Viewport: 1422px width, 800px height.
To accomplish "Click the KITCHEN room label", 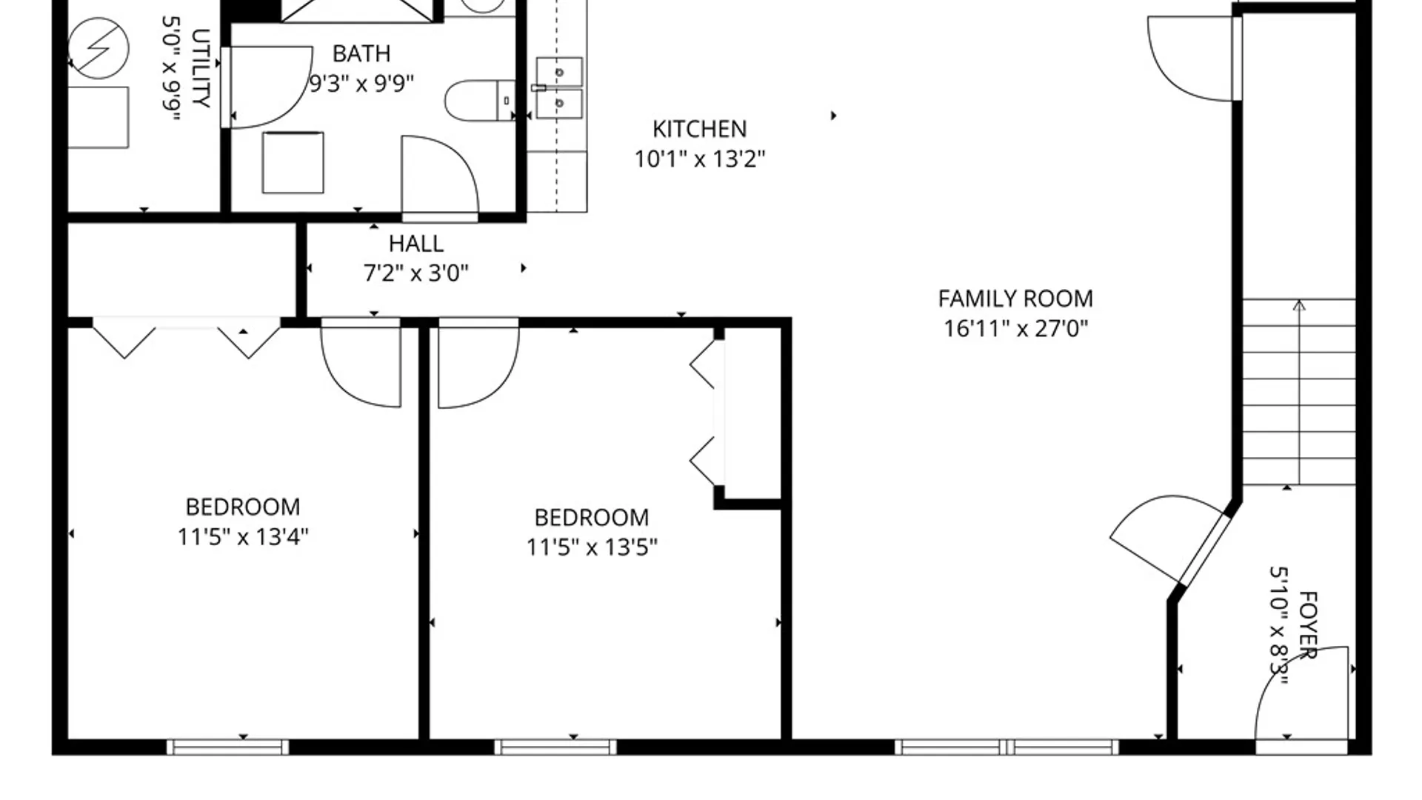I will coord(699,129).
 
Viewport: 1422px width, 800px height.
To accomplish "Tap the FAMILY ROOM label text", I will coord(1015,299).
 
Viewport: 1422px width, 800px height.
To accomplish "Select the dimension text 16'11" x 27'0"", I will coord(1015,328).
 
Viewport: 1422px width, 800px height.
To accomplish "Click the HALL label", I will coord(415,244).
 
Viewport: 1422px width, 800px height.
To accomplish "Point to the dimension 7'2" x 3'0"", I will coord(415,273).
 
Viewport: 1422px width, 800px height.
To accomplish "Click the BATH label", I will coord(361,53).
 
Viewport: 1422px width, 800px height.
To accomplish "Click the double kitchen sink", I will coord(559,87).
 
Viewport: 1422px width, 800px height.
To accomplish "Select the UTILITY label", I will coord(200,68).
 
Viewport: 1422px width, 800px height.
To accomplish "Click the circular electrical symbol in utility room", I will coord(98,48).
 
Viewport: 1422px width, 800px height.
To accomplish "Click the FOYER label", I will coord(1308,624).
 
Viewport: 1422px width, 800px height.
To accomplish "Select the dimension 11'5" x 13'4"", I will coord(242,536).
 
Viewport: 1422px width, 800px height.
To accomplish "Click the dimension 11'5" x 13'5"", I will coord(591,547).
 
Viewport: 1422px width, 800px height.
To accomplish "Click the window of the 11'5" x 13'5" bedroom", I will coord(555,747).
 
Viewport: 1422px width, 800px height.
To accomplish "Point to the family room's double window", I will coord(1007,747).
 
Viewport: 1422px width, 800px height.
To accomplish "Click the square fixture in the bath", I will coord(293,163).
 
